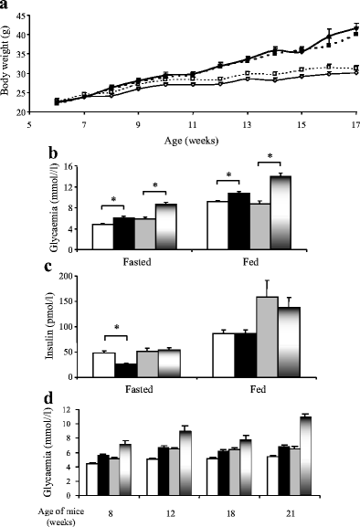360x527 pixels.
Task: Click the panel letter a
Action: pyautogui.click(x=6, y=5)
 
